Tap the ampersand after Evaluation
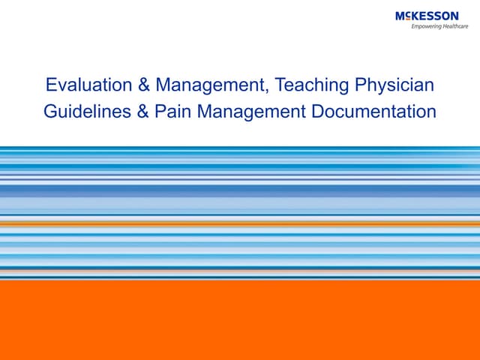[x=137, y=85]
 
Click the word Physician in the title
[x=395, y=85]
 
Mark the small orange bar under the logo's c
[x=408, y=19]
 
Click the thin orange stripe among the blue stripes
[x=240, y=223]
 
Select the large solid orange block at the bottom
[x=240, y=319]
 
